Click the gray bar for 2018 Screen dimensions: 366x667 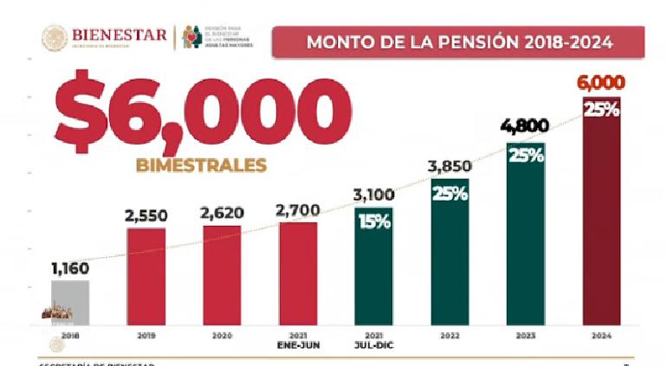pos(70,301)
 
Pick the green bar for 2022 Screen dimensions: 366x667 pos(450,251)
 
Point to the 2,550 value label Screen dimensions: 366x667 pos(146,215)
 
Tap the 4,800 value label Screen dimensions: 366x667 pos(525,127)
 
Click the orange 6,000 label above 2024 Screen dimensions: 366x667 pos(601,84)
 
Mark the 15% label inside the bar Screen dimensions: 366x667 pos(373,222)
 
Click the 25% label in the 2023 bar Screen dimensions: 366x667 pos(526,156)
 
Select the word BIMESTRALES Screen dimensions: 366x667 pos(200,164)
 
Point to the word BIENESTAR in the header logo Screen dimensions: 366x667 pos(120,35)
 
